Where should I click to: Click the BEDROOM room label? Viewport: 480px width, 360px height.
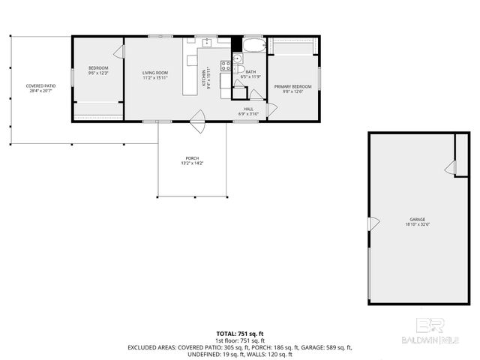point(98,68)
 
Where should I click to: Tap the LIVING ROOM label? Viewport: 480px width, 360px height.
point(154,73)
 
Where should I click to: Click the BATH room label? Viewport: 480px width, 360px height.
point(250,72)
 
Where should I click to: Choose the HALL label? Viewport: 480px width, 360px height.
point(247,109)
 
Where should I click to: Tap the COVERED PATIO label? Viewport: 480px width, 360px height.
point(40,85)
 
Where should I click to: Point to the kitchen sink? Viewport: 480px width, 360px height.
point(207,42)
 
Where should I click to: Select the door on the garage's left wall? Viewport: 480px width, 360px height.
point(371,223)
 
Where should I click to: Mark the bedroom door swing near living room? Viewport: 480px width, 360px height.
point(118,52)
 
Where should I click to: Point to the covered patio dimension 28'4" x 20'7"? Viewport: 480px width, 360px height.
point(40,91)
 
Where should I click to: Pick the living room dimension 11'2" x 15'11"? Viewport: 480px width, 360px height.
point(154,78)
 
